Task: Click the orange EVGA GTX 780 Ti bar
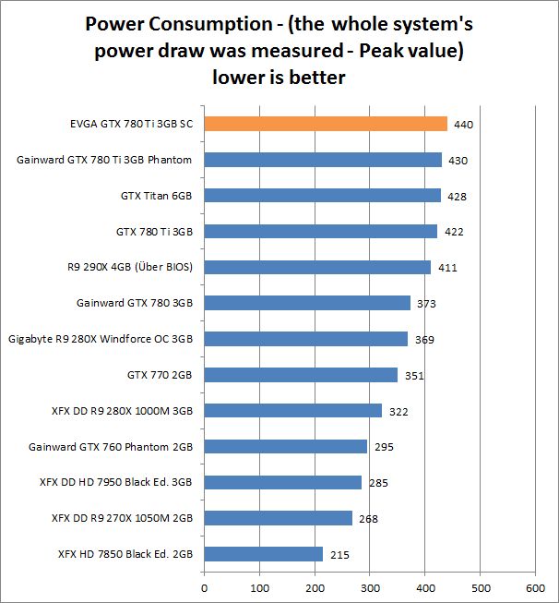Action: [325, 124]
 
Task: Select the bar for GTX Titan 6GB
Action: [322, 195]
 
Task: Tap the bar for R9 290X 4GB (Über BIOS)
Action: [317, 267]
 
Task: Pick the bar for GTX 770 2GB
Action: [301, 375]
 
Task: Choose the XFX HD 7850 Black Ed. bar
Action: [263, 554]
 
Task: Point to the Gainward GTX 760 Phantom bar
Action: [285, 447]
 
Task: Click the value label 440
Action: [463, 125]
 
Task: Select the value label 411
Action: [447, 268]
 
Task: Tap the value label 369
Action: [424, 340]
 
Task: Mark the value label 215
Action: [339, 555]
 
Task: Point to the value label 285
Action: [377, 483]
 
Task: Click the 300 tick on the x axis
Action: [369, 586]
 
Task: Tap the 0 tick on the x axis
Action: [204, 586]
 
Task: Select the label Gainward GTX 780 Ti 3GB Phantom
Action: [104, 160]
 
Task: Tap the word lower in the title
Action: [238, 78]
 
